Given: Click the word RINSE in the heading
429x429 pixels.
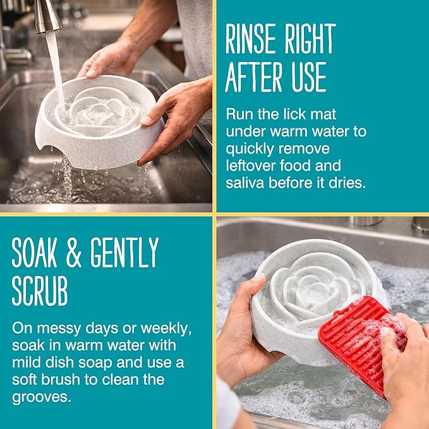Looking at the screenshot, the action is point(251,39).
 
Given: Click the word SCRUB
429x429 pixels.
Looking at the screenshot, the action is point(40,291).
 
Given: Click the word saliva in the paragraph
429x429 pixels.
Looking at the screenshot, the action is point(245,183).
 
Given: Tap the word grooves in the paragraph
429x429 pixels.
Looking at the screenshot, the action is point(41,397).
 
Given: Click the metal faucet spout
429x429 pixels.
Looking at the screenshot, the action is point(47,16).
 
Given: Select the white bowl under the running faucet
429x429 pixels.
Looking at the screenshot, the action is point(99,122).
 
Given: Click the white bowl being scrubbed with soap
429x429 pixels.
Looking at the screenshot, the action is point(315,301).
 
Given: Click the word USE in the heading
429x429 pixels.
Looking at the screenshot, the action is point(309,77).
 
